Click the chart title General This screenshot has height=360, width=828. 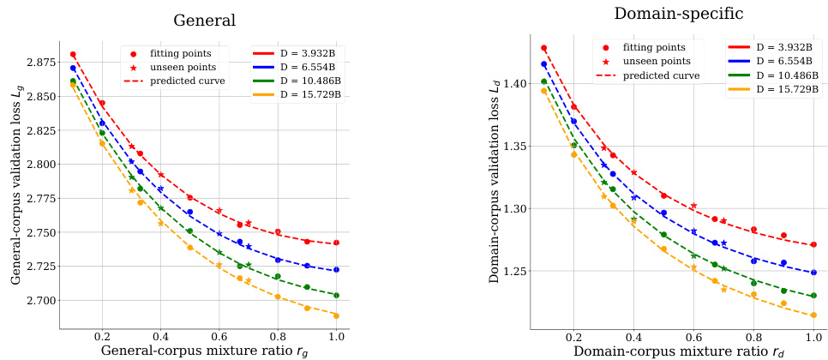(x=206, y=20)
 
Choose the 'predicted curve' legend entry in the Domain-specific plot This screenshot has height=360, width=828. (x=661, y=75)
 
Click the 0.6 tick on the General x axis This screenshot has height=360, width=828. (x=219, y=337)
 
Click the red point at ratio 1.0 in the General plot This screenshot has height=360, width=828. (x=337, y=243)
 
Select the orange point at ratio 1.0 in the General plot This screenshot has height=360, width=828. (x=337, y=315)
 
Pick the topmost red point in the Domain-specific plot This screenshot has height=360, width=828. (x=543, y=48)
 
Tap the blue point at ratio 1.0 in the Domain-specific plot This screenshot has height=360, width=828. (x=813, y=273)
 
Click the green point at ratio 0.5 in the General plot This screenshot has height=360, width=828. (x=189, y=231)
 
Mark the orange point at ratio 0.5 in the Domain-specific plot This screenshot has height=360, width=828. (x=663, y=249)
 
